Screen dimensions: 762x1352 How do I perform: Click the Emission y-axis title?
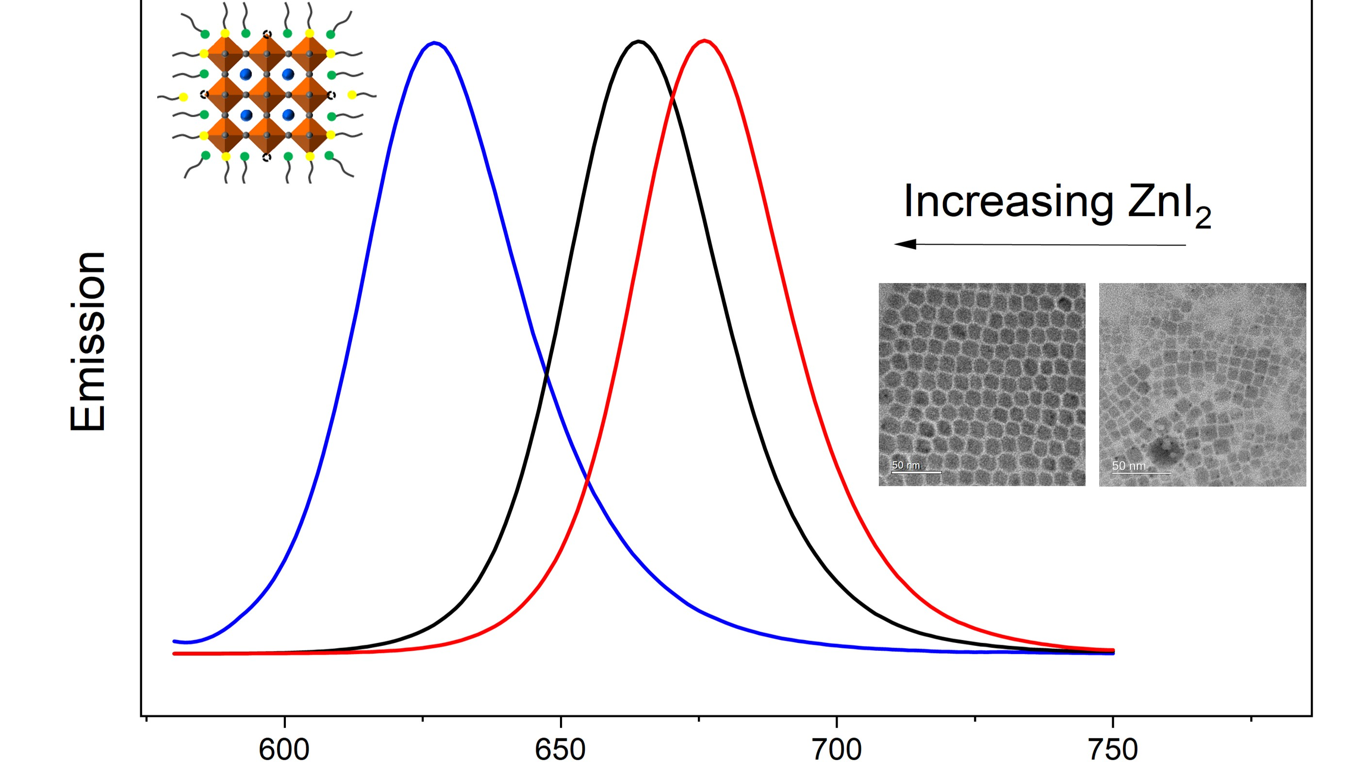(88, 341)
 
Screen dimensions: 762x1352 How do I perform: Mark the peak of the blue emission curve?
(434, 43)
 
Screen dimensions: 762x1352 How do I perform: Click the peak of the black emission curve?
(638, 41)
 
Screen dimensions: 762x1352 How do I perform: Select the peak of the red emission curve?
(704, 40)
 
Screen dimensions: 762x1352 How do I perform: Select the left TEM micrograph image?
(981, 385)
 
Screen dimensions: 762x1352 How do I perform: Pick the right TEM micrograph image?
(1202, 385)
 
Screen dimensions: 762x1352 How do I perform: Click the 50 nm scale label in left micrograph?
(906, 465)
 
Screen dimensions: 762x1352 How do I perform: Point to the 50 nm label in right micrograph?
(1129, 466)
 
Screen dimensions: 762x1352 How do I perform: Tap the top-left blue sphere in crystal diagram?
(246, 74)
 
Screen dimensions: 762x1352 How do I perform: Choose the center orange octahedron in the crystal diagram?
(267, 95)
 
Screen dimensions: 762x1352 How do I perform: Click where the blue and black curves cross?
(547, 374)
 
